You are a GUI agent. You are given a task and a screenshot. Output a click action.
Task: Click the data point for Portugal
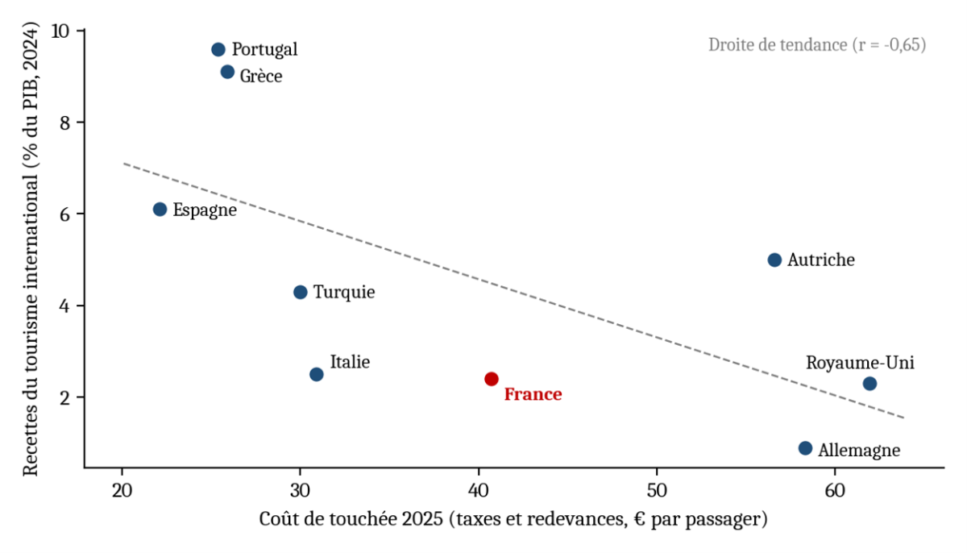(x=218, y=50)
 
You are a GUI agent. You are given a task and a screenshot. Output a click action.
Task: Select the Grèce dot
(x=227, y=72)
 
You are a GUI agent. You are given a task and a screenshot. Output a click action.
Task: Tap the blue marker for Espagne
(x=160, y=210)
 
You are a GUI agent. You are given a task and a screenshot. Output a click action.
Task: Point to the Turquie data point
(x=301, y=293)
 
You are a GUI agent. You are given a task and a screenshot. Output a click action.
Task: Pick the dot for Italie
(x=317, y=374)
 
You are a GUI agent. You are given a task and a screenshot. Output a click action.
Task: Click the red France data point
(x=492, y=379)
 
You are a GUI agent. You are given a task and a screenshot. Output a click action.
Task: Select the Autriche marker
(x=774, y=260)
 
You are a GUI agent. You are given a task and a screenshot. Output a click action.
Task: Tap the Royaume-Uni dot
(x=869, y=384)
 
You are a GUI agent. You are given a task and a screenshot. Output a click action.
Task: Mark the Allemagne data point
(x=805, y=448)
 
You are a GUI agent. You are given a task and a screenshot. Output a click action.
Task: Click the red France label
(x=533, y=394)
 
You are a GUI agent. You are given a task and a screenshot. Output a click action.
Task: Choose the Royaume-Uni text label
(x=860, y=363)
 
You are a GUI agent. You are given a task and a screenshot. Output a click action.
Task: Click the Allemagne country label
(x=859, y=451)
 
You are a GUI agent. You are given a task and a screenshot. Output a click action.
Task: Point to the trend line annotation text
(x=817, y=45)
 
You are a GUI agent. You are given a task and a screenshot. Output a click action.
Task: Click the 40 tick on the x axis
(x=479, y=491)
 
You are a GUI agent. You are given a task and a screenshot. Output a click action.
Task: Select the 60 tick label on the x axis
(x=835, y=491)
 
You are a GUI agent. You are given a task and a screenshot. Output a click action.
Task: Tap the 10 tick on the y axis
(x=60, y=31)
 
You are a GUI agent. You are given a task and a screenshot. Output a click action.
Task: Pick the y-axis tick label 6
(x=64, y=214)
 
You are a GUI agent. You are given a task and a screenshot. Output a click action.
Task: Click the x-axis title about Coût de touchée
(x=513, y=519)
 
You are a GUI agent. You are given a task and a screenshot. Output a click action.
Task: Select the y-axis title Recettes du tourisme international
(x=31, y=249)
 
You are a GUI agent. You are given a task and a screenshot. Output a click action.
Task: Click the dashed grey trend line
(x=514, y=290)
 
